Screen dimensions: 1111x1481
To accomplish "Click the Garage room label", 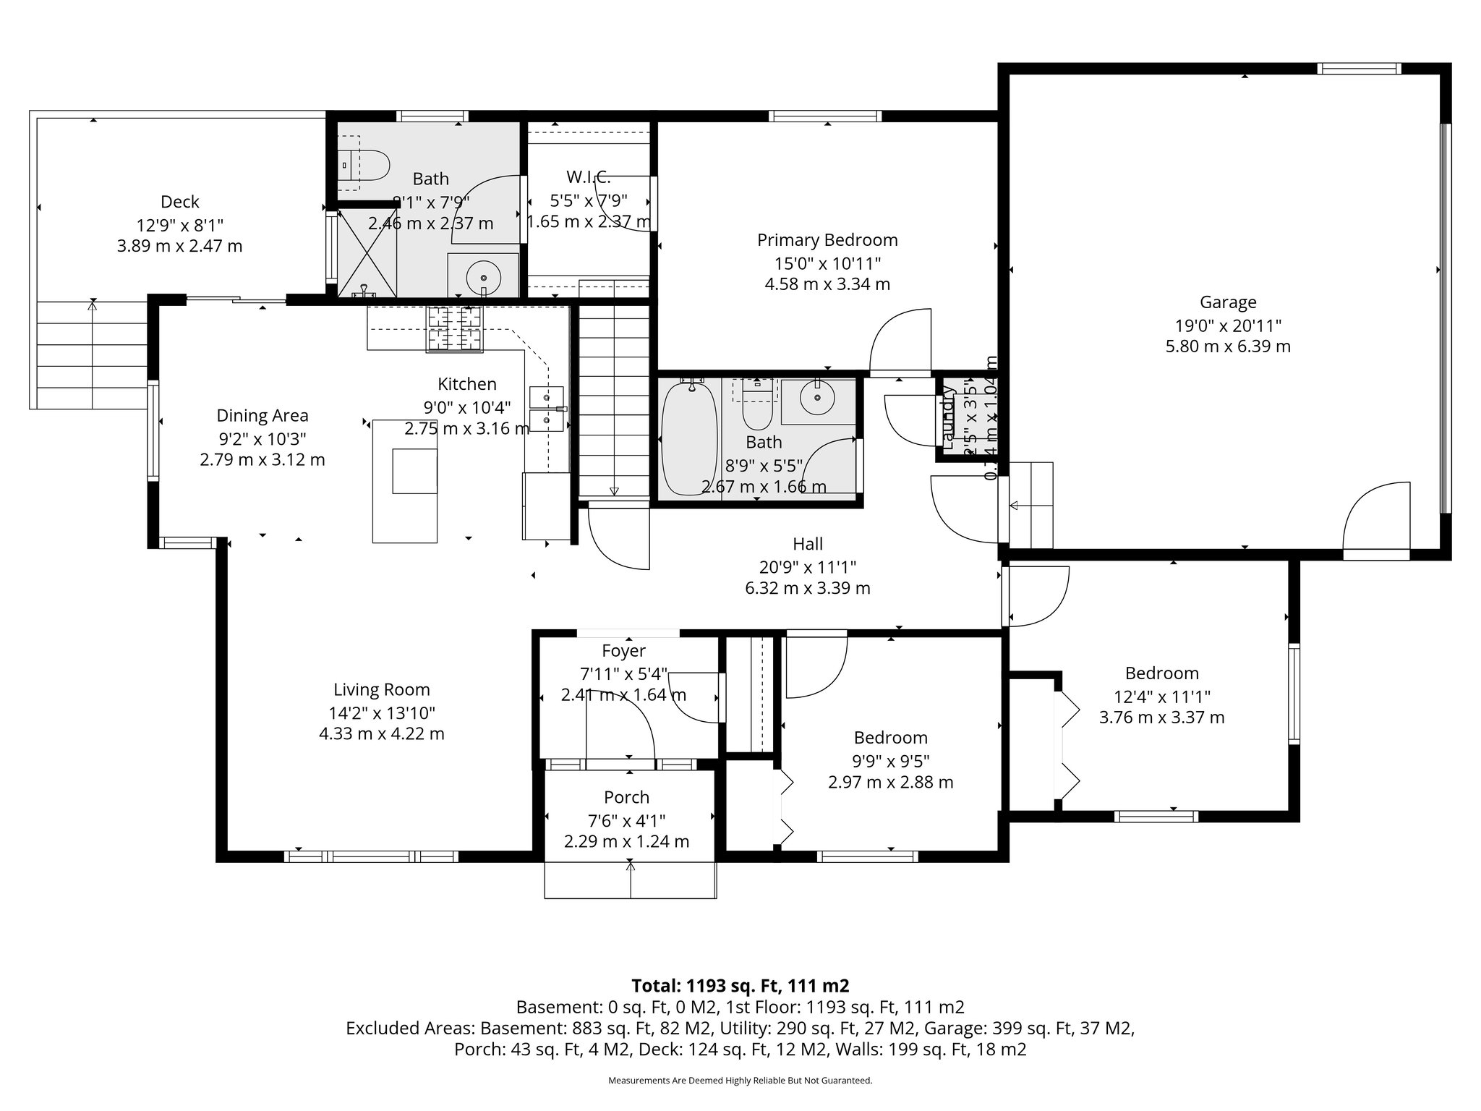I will (1227, 302).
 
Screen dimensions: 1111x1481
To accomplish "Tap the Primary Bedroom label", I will (827, 240).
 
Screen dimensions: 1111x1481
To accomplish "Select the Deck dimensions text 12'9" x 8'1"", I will (179, 224).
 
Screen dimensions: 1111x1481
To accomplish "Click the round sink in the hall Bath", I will (817, 397).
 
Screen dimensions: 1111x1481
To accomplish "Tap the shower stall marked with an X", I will (367, 253).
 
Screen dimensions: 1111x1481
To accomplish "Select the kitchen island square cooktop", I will (414, 471).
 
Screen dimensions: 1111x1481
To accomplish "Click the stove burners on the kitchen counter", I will (454, 329).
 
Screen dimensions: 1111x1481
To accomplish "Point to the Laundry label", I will (948, 415).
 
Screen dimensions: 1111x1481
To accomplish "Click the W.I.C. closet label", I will (588, 176).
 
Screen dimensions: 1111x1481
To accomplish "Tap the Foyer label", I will (623, 651).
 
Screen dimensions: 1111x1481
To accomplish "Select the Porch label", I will (626, 797).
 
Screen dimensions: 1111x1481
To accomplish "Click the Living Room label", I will (381, 689).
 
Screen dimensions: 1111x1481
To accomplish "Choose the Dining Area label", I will (262, 416).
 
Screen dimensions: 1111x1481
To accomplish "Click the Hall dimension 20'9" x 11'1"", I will (807, 566).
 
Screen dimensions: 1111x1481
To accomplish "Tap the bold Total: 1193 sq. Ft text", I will (740, 986).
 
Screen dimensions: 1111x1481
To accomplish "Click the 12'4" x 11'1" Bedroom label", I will (1161, 673).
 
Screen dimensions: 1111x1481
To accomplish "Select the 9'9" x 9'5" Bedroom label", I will (890, 738).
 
